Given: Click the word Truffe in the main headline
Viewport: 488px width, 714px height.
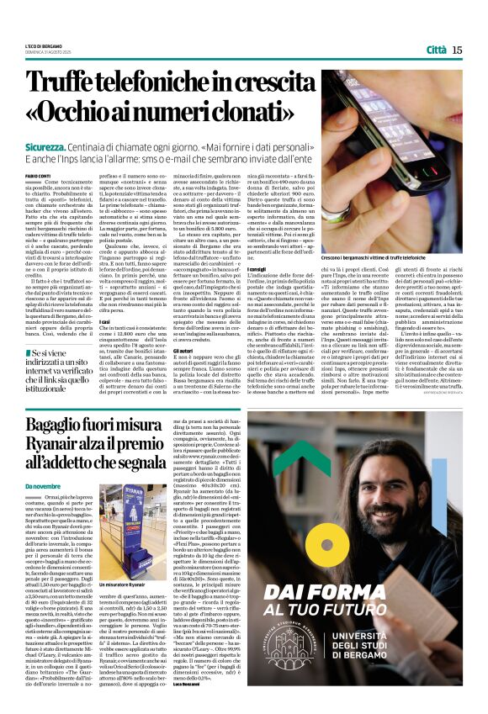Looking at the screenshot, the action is pyautogui.click(x=88, y=83).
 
